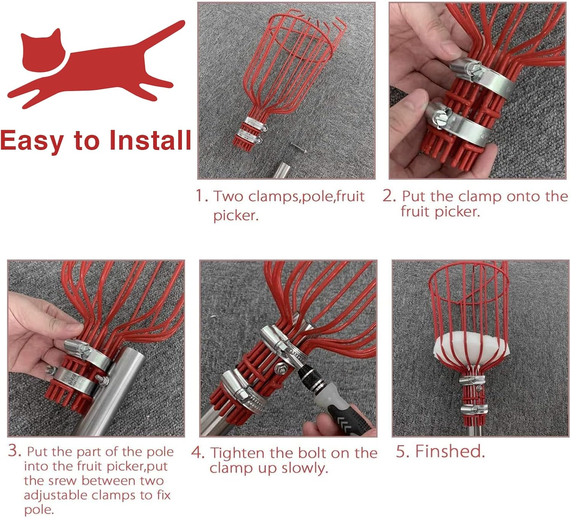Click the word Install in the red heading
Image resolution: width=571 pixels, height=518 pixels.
point(150,140)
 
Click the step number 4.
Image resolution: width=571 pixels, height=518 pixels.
point(198,452)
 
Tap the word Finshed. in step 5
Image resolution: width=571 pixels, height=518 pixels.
point(450,451)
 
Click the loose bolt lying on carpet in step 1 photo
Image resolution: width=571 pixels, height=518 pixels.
point(298,147)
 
